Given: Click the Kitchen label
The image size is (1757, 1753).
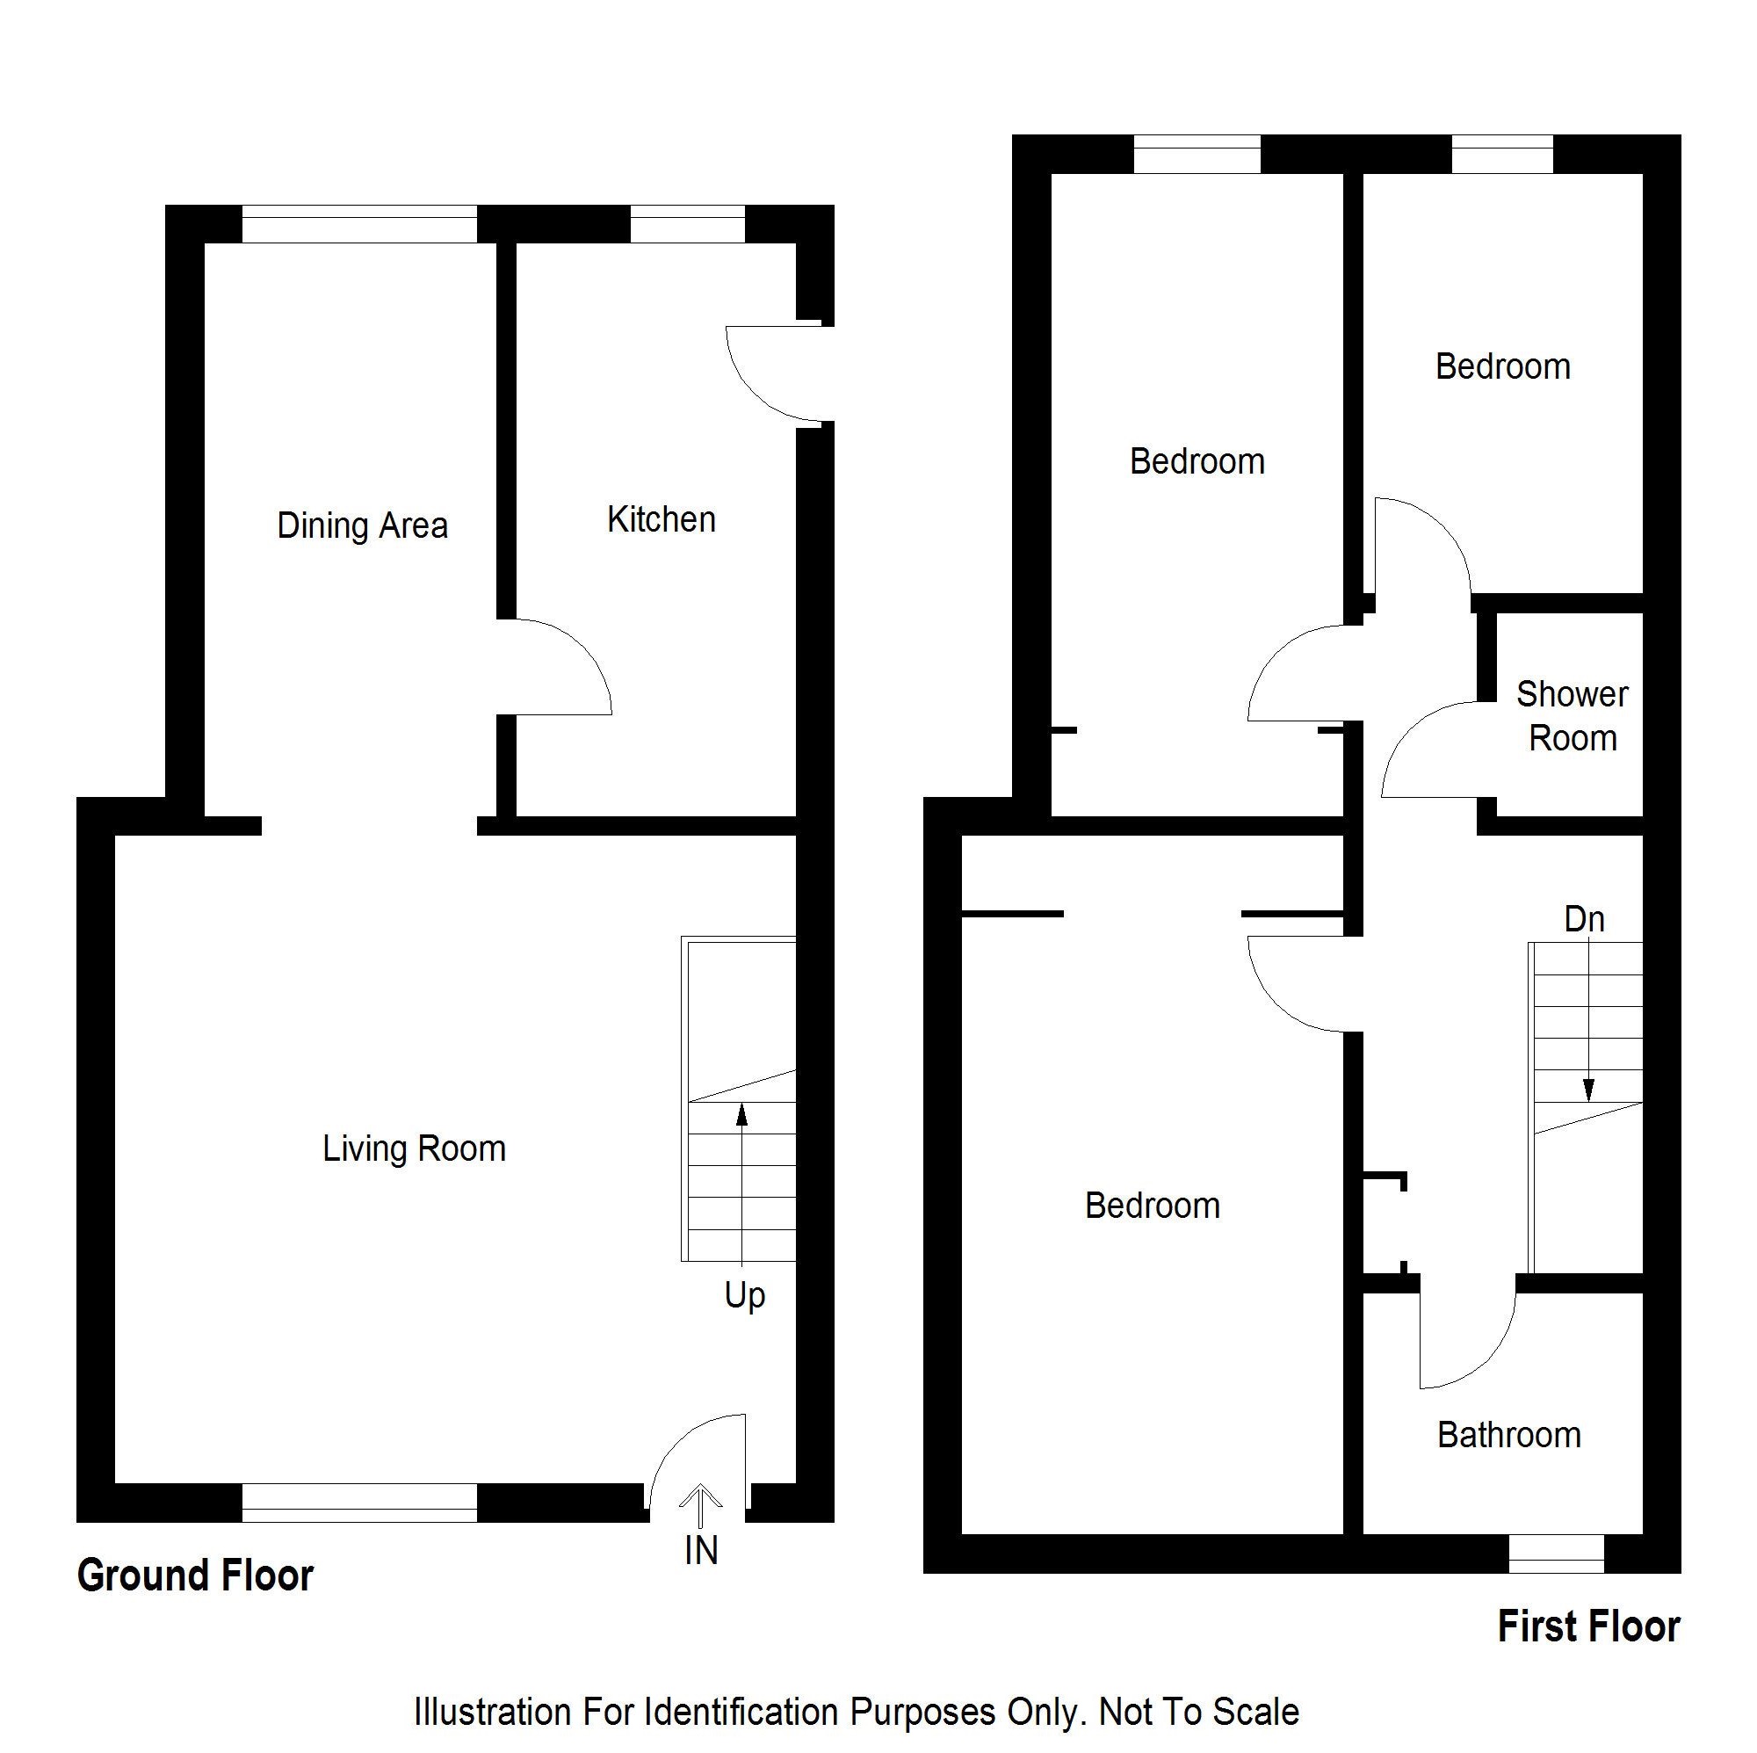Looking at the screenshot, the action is (x=662, y=520).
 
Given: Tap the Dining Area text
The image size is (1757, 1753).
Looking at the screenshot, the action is (x=362, y=525).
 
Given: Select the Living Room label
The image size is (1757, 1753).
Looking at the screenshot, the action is (x=414, y=1149).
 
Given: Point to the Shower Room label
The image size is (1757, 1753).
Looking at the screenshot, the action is (x=1573, y=716).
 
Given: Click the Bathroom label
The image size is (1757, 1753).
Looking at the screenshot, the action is (x=1508, y=1435).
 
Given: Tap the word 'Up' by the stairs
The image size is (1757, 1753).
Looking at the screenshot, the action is (x=745, y=1295).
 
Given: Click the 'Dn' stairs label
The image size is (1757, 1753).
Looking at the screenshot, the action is (x=1584, y=919).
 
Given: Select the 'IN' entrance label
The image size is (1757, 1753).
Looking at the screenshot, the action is (x=701, y=1551).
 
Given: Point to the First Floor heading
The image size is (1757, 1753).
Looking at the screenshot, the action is (x=1588, y=1626).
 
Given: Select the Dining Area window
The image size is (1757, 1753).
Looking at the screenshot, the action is (x=359, y=224).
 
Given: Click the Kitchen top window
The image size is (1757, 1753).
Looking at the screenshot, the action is (x=688, y=224).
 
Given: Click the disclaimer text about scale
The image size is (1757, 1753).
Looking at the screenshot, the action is (x=857, y=1712).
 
